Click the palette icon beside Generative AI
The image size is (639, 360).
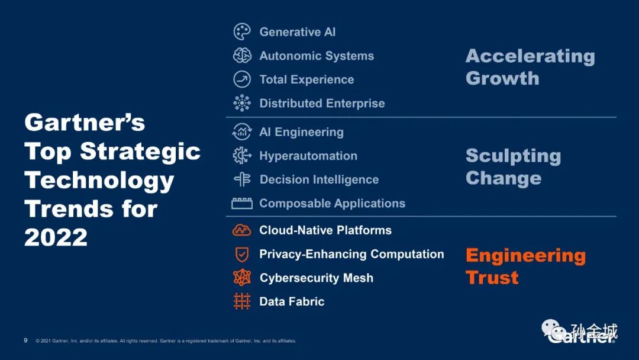pyautogui.click(x=242, y=32)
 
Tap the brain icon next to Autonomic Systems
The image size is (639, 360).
pyautogui.click(x=242, y=56)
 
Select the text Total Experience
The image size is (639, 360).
pyautogui.click(x=306, y=79)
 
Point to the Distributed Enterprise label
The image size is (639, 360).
pyautogui.click(x=322, y=103)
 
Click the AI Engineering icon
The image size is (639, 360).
pyautogui.click(x=242, y=131)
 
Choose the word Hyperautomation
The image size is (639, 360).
pyautogui.click(x=308, y=156)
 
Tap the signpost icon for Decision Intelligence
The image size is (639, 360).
pyautogui.click(x=242, y=179)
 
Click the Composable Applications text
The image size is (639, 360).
pyautogui.click(x=332, y=203)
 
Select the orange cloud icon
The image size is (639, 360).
pyautogui.click(x=242, y=230)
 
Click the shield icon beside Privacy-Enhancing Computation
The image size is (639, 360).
pyautogui.click(x=242, y=255)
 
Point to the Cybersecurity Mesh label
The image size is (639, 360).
pyautogui.click(x=316, y=278)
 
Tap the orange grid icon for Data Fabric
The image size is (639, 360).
pyautogui.click(x=242, y=301)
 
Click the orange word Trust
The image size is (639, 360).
pyautogui.click(x=492, y=278)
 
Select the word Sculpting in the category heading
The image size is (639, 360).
pyautogui.click(x=513, y=156)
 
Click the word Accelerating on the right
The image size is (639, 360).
pyautogui.click(x=530, y=56)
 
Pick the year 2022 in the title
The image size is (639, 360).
pyautogui.click(x=56, y=237)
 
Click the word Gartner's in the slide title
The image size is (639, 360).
pyautogui.click(x=85, y=123)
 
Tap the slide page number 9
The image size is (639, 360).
pyautogui.click(x=25, y=340)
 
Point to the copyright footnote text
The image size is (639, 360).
pyautogui.click(x=166, y=341)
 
